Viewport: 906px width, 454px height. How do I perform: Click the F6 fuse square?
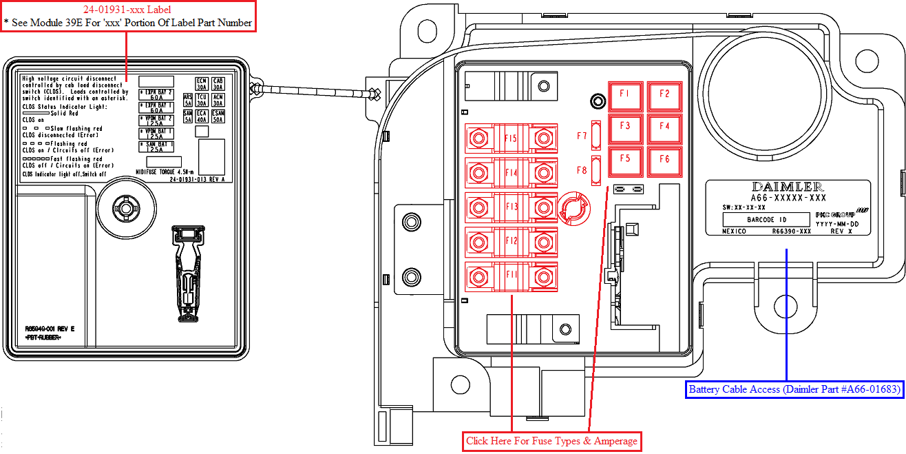click(664, 160)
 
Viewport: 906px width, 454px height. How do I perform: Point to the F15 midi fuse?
click(510, 139)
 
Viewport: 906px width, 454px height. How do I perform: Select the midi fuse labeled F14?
click(510, 173)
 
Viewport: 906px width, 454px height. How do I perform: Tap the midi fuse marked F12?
click(510, 241)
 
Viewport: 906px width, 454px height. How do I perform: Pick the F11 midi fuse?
click(510, 276)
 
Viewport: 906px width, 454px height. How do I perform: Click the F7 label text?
click(582, 136)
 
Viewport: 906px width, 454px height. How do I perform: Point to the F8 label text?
click(582, 170)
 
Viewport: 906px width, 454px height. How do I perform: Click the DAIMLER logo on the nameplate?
click(787, 187)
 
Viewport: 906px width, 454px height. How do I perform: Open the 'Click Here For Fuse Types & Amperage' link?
click(551, 441)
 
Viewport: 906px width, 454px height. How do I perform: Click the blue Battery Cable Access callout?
click(794, 389)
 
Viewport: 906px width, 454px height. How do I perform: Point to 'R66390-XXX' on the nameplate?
click(792, 231)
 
